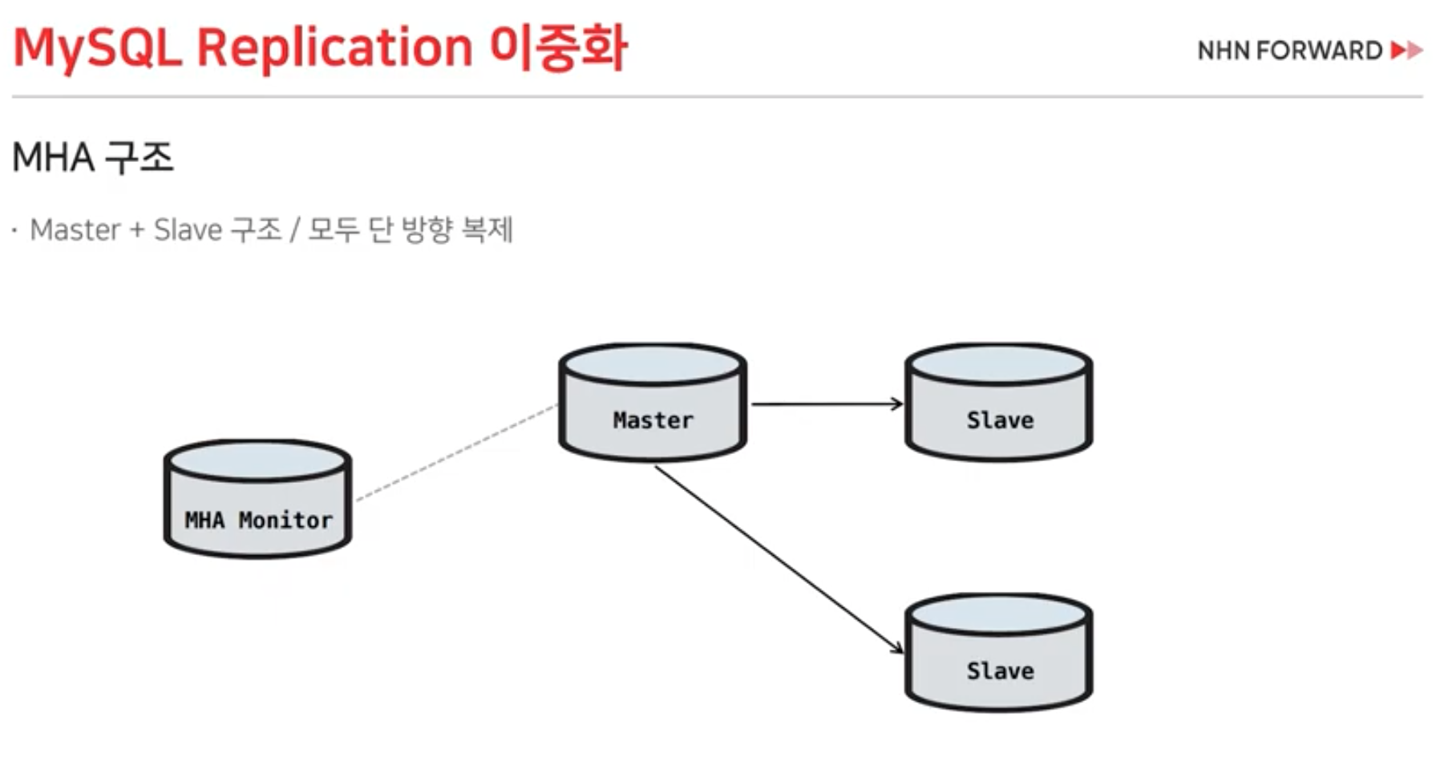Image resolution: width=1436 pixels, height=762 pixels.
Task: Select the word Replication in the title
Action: tap(334, 48)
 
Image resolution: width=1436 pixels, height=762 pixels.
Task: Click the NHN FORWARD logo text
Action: tap(1289, 51)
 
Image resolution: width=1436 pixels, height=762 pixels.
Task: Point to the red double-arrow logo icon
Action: tap(1406, 51)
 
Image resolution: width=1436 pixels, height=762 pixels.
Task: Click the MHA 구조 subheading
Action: tap(93, 157)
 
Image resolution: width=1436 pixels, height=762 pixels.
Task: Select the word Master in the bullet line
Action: tap(75, 230)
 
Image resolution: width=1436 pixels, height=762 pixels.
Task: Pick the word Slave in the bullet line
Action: tap(188, 230)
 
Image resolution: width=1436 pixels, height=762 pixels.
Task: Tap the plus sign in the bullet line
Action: tap(137, 231)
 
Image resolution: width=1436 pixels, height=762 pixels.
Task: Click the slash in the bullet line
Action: tap(294, 231)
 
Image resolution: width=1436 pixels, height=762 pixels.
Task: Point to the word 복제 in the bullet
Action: tap(487, 230)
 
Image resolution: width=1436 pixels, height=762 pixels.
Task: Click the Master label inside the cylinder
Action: tap(653, 420)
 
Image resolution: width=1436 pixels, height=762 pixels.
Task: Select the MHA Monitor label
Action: tap(258, 521)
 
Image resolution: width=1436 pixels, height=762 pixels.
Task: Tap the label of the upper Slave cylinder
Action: tap(1000, 420)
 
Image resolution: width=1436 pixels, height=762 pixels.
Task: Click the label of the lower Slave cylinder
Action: tap(1000, 671)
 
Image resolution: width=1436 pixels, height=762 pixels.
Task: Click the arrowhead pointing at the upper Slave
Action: tap(896, 404)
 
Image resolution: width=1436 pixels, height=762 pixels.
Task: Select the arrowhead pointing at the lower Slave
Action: tap(896, 646)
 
